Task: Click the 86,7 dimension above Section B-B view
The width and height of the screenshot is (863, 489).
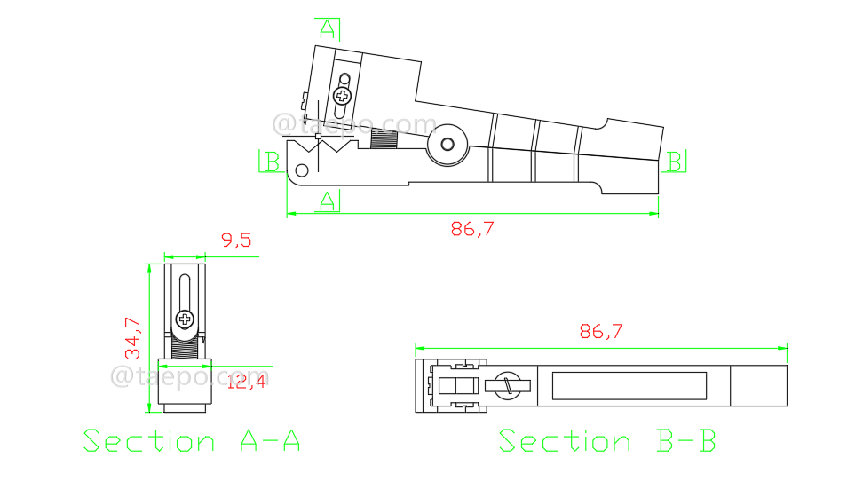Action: click(601, 332)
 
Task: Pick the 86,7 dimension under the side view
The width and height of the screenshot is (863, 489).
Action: click(472, 229)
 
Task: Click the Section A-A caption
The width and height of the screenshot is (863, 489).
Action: click(192, 441)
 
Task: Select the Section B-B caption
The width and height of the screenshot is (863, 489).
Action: click(607, 441)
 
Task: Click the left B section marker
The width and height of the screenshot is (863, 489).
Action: click(271, 162)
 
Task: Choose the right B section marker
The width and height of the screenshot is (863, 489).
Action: click(676, 161)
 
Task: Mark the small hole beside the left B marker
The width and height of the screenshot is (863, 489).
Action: click(302, 170)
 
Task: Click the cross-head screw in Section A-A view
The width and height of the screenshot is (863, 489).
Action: click(185, 319)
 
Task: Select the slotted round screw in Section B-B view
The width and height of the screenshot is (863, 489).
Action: click(508, 385)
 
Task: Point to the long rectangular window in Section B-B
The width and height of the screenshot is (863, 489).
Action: click(629, 385)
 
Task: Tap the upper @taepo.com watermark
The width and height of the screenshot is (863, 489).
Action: click(355, 125)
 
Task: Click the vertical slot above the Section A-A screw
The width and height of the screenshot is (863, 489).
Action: click(184, 293)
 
